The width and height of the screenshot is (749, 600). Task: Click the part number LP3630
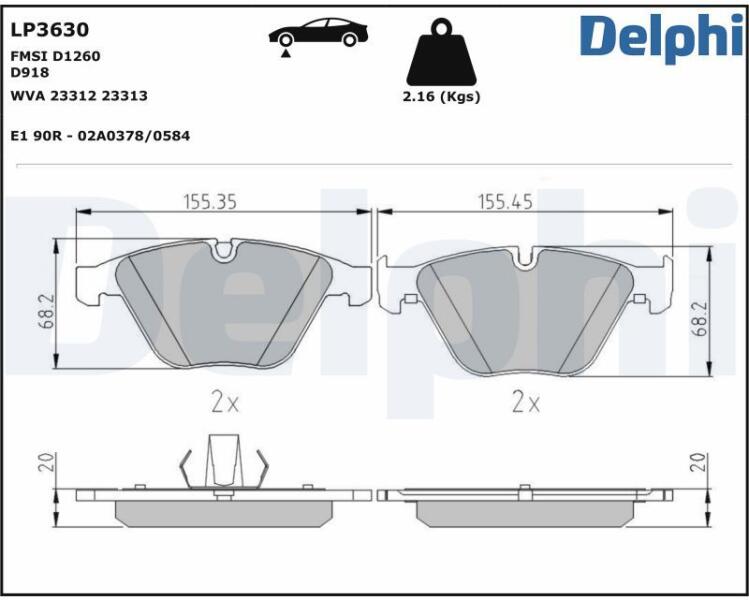(x=50, y=30)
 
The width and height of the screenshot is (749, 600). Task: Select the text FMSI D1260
(x=55, y=56)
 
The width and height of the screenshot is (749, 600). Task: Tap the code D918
(x=30, y=73)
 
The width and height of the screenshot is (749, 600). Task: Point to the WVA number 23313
(x=125, y=96)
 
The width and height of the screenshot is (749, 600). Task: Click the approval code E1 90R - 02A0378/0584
(x=100, y=136)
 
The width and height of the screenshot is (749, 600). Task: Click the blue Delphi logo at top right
(x=663, y=37)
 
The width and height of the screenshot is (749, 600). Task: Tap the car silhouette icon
(x=318, y=32)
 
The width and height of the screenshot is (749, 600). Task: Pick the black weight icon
(x=441, y=53)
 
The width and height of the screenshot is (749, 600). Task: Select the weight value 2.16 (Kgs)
(x=441, y=96)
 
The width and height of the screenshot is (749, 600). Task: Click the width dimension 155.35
(x=210, y=202)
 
